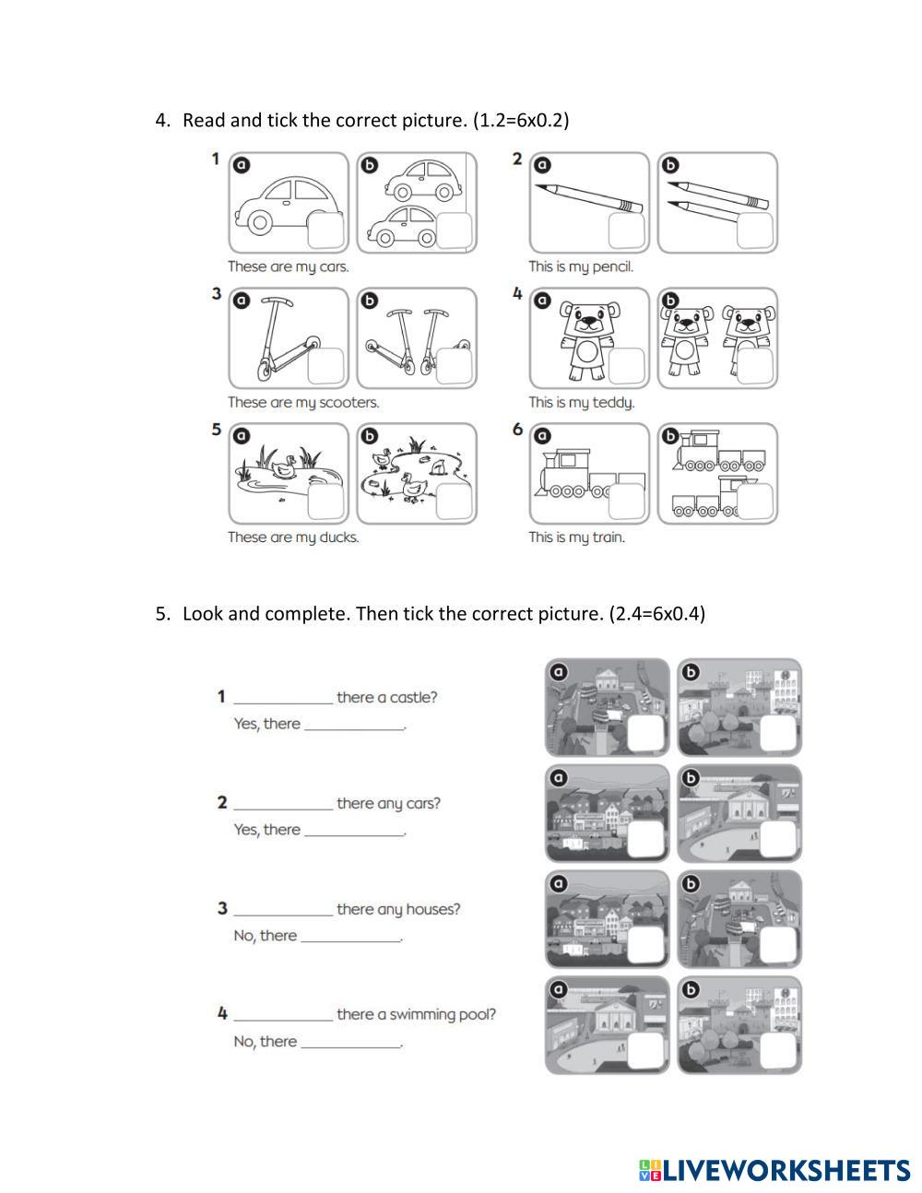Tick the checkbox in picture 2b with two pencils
pos(755,230)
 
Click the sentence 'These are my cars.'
pos(289,266)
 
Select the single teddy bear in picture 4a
pos(587,337)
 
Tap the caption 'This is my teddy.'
pos(581,402)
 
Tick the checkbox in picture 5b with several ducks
pos(455,502)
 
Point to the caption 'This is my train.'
pos(576,537)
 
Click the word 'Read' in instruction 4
pos(203,120)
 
